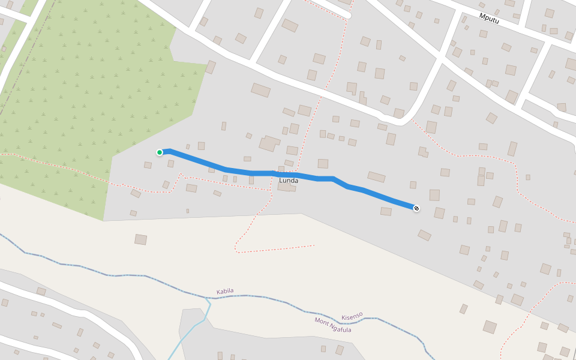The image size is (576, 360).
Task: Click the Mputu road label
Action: (489, 18)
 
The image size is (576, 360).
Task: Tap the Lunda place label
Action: (289, 180)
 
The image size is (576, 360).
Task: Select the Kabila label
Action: (225, 292)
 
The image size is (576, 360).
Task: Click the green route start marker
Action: (160, 152)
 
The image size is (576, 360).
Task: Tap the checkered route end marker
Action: (416, 208)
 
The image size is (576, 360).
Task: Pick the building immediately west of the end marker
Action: (386, 211)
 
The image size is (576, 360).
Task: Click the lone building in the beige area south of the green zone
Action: (140, 239)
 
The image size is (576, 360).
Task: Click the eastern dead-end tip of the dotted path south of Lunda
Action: (313, 245)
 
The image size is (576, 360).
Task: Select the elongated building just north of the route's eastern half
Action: (376, 177)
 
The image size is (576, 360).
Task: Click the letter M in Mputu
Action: (482, 16)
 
